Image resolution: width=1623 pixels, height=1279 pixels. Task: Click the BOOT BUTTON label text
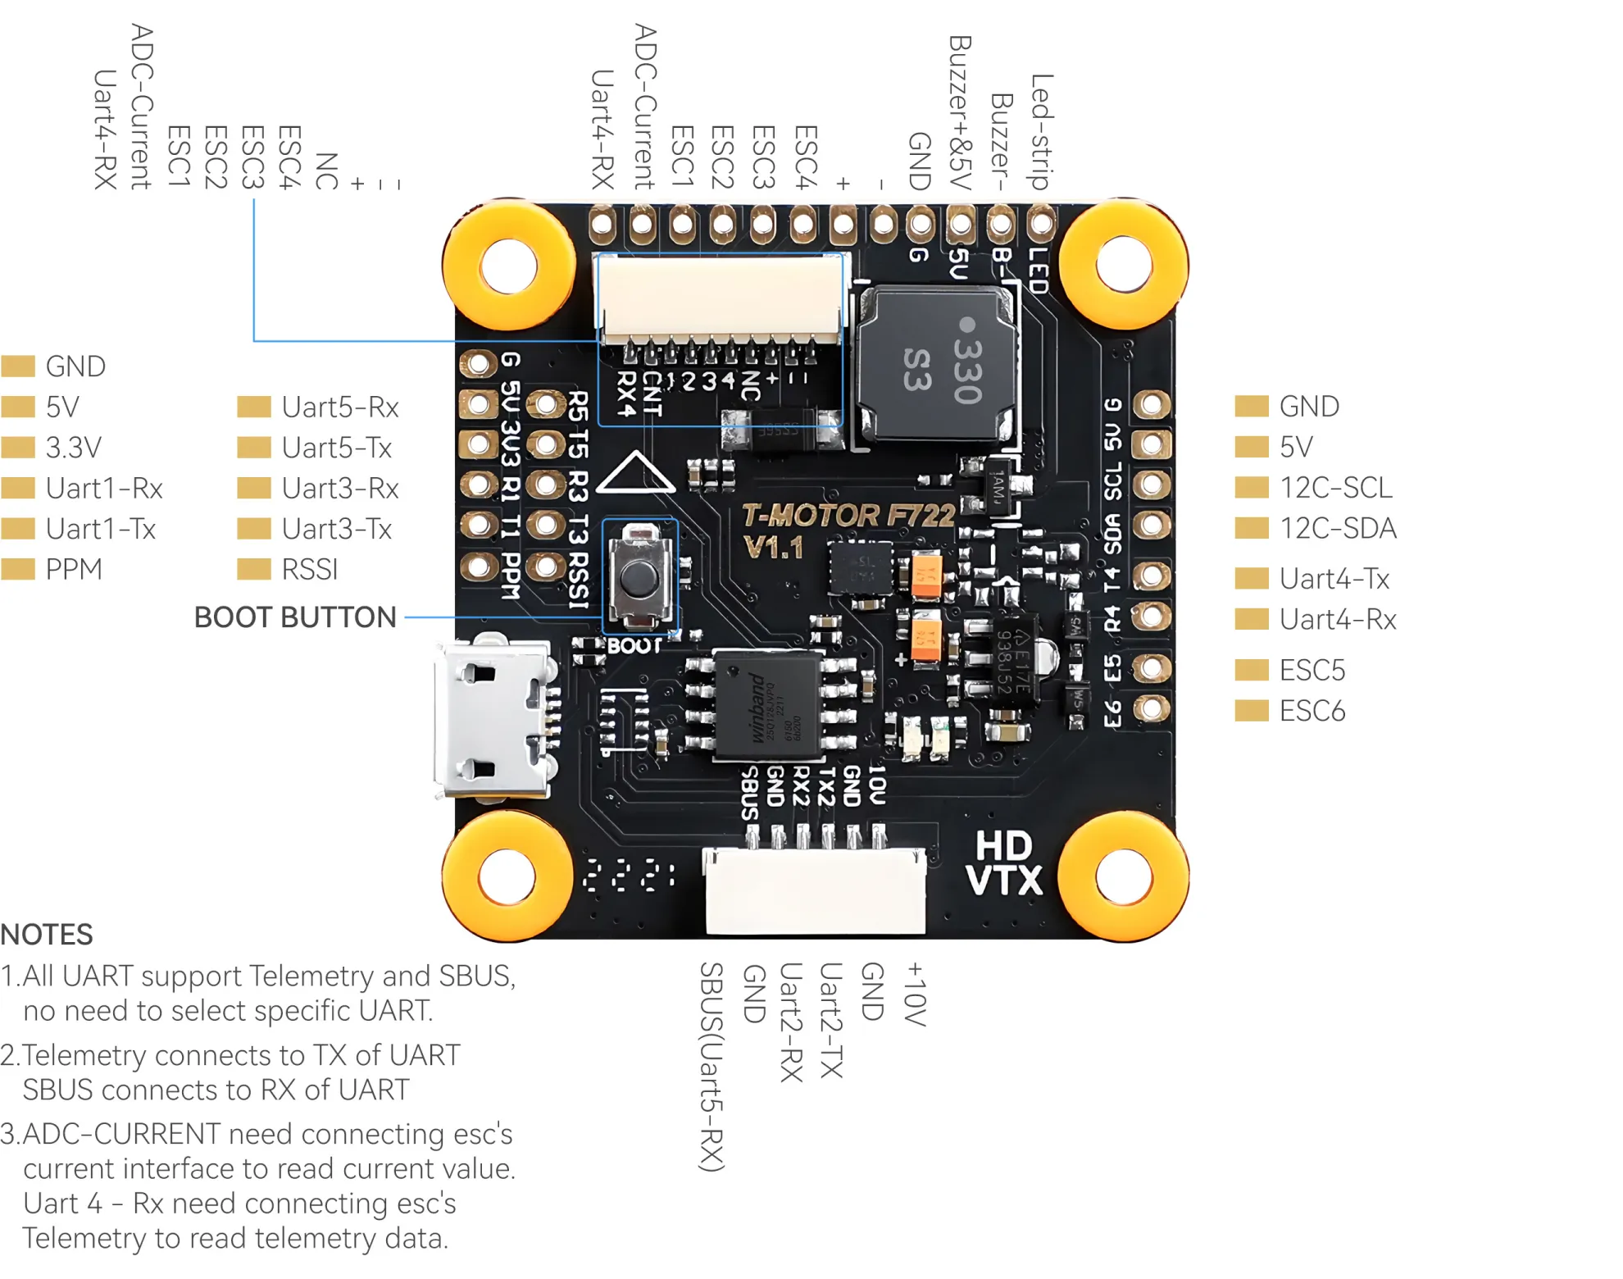295,617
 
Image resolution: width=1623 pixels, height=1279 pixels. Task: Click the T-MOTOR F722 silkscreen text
848,516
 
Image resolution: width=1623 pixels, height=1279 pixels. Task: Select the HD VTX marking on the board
1003,864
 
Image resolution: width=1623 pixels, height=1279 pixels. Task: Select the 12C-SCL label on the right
1335,488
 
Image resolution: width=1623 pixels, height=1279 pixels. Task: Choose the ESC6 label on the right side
1312,711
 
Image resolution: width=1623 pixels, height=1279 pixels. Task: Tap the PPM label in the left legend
74,569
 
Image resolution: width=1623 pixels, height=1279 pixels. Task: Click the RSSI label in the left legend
309,569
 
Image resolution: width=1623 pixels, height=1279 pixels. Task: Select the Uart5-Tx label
336,448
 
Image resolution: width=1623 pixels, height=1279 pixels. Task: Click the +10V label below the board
915,994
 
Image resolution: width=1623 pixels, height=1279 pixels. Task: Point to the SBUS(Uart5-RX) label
711,1066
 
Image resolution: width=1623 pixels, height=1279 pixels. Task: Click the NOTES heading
47,935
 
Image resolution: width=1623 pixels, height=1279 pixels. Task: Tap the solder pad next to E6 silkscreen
1152,708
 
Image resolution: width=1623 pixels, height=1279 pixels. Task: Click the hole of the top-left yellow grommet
508,266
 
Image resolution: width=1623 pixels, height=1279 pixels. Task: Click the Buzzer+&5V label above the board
959,112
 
